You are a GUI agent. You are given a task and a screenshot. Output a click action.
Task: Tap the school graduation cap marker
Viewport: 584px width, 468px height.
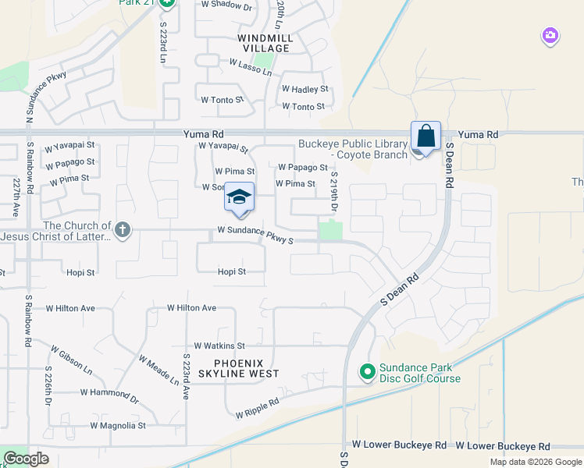pos(240,197)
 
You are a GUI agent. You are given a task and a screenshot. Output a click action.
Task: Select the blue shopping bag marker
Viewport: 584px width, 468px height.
pos(426,136)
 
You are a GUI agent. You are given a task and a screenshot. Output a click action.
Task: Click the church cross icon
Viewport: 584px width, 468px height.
pos(122,230)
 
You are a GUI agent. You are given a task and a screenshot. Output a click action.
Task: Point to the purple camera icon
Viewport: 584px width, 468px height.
pos(550,35)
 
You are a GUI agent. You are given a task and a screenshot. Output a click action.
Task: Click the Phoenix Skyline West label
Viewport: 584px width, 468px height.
pos(247,368)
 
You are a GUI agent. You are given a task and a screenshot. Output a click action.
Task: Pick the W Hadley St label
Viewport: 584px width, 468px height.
pos(304,90)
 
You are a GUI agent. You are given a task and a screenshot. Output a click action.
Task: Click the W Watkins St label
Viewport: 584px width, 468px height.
pos(219,346)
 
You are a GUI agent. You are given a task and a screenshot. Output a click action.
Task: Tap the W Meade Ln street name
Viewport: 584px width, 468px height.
pos(158,369)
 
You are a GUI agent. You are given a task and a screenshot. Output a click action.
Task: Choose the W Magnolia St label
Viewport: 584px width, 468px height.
pos(118,426)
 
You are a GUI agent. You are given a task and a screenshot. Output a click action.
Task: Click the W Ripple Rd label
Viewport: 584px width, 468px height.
pos(258,409)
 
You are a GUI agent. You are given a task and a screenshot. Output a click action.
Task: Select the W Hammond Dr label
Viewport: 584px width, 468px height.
pos(109,395)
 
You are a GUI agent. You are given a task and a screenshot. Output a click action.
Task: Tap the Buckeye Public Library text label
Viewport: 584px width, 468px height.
pos(353,149)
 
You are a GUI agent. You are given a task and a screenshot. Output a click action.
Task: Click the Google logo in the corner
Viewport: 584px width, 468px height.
pos(26,459)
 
